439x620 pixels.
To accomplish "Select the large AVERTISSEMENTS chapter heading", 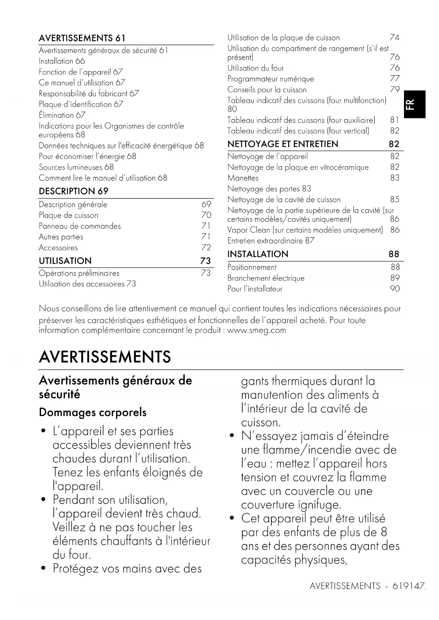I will tap(105, 357).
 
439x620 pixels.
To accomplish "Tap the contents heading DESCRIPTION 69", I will tap(74, 191).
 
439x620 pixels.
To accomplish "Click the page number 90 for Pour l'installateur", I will tap(395, 289).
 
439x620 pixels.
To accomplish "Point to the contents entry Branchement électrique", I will tap(266, 278).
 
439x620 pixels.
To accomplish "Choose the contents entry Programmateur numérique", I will tap(271, 79).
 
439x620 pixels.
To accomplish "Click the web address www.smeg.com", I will tap(256, 331).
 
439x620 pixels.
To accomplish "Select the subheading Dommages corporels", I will tap(93, 413).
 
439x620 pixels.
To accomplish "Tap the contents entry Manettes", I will tap(243, 178).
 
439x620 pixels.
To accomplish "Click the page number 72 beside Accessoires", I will tap(206, 247).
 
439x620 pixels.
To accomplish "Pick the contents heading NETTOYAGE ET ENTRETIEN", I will tap(283, 144).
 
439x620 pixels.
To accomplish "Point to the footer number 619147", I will tap(409, 586).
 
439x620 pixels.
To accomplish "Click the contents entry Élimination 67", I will tap(62, 115).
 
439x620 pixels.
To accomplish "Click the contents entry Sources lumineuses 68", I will tap(76, 167).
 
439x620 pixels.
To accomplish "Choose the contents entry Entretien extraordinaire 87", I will tap(271, 241).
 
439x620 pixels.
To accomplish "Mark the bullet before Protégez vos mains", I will tap(43, 569).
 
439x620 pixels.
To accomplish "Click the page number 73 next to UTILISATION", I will tap(206, 261).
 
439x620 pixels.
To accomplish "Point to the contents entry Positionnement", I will tap(252, 268).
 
